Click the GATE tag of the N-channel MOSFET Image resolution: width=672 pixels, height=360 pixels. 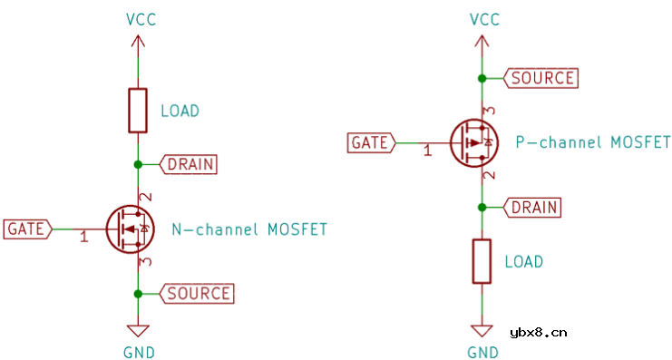[x=27, y=229]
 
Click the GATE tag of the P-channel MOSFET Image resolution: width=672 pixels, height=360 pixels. [x=370, y=143]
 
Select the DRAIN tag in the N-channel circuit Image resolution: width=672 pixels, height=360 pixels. [x=188, y=164]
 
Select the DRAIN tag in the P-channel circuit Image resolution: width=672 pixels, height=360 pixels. [x=531, y=208]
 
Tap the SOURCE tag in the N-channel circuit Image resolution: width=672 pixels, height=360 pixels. [x=197, y=293]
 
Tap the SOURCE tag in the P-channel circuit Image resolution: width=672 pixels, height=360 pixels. [x=541, y=78]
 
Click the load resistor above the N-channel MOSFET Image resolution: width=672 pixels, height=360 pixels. [x=138, y=111]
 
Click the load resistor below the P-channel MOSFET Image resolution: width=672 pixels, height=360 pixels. [x=481, y=261]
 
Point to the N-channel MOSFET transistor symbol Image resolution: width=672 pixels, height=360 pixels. [x=129, y=229]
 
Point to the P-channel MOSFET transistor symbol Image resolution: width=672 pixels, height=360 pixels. [x=473, y=143]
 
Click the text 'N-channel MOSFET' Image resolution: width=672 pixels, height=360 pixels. [x=249, y=229]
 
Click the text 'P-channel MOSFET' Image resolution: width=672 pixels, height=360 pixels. [x=592, y=143]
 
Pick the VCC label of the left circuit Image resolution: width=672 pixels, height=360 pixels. [x=139, y=19]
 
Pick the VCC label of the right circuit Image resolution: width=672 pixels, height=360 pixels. [x=482, y=19]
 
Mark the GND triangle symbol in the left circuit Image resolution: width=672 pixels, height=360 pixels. [x=138, y=331]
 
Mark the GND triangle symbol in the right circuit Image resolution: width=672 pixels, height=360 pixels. [x=481, y=331]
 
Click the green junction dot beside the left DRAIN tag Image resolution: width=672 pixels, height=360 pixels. [x=138, y=164]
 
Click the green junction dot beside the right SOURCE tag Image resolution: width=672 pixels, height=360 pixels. [x=482, y=78]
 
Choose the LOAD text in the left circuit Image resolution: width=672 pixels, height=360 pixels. [x=179, y=112]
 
